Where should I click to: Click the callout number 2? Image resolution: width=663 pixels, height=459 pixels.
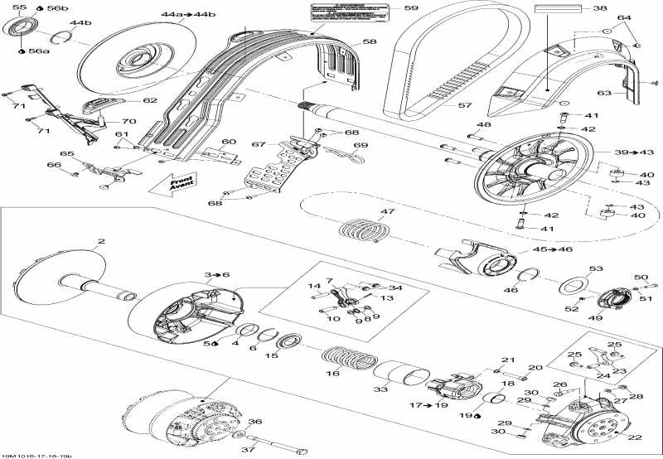click(x=101, y=242)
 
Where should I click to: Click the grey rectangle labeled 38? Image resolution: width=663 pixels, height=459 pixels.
click(x=558, y=10)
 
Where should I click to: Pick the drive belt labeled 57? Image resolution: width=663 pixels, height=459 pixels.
click(x=431, y=75)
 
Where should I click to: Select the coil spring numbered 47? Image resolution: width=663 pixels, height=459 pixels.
click(x=362, y=229)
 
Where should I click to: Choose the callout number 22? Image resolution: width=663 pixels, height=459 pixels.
click(x=635, y=438)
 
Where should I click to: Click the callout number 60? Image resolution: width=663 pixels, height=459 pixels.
click(x=229, y=141)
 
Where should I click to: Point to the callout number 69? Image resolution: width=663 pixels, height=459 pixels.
click(x=360, y=146)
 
